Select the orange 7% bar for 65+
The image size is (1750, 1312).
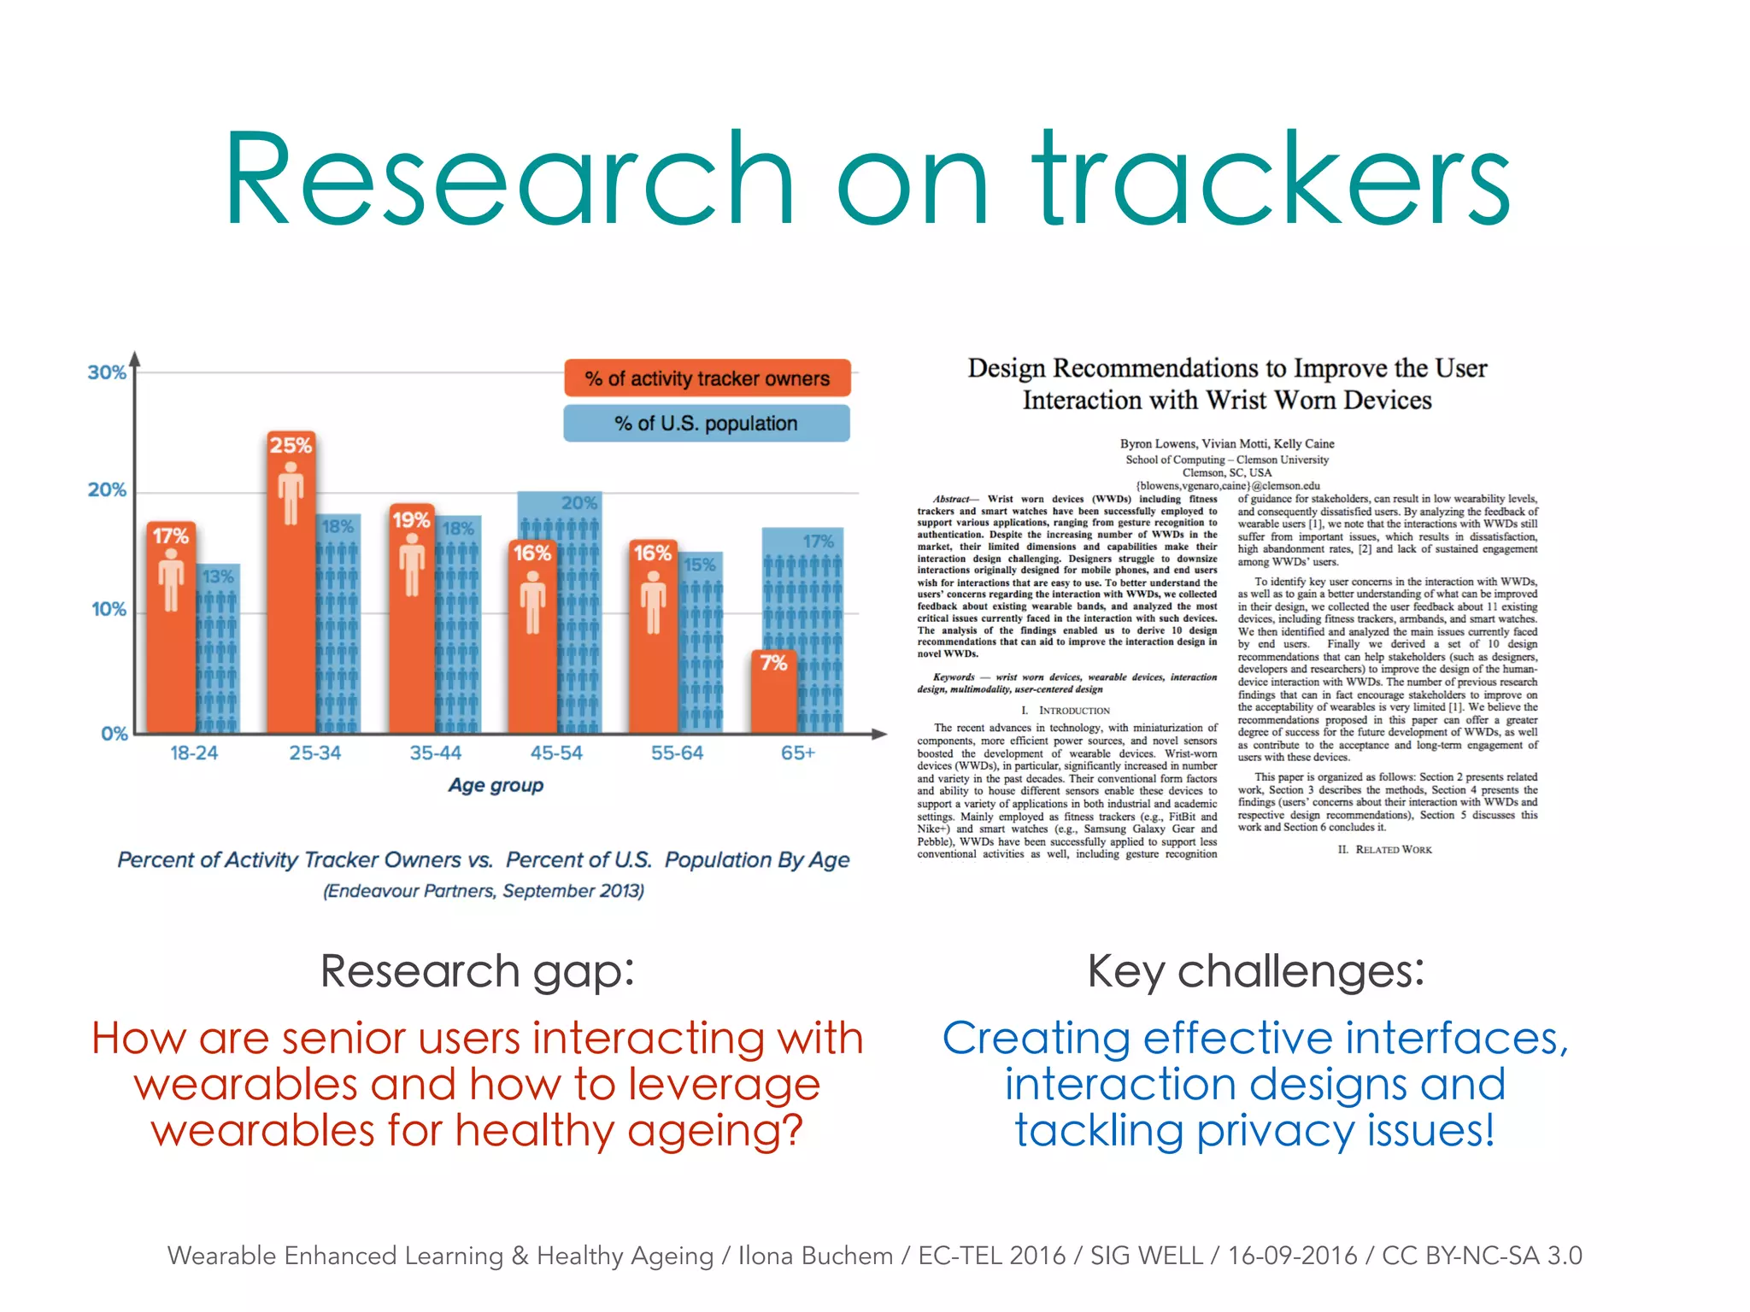point(773,696)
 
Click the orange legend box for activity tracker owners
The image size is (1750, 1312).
point(707,378)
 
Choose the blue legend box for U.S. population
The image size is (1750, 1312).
point(707,424)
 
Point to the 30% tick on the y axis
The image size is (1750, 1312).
point(107,373)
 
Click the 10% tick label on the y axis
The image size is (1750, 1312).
point(109,610)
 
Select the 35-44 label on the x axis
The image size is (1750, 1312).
point(436,753)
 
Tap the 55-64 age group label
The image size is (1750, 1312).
point(677,753)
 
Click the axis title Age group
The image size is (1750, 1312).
point(496,785)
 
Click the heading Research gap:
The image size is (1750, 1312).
point(478,972)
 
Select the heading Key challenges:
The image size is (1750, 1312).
point(1256,972)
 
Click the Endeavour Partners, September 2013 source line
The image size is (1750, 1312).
point(484,891)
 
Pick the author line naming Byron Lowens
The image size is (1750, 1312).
point(1227,444)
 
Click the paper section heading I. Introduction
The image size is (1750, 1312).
point(1066,711)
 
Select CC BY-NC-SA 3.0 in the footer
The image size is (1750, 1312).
point(1482,1256)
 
